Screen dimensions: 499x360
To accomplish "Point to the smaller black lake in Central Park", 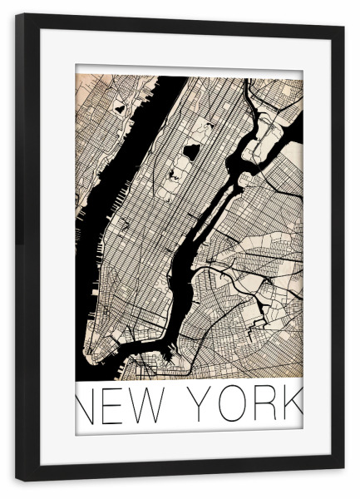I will [175, 174].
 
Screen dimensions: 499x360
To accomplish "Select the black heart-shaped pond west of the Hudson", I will [120, 108].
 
